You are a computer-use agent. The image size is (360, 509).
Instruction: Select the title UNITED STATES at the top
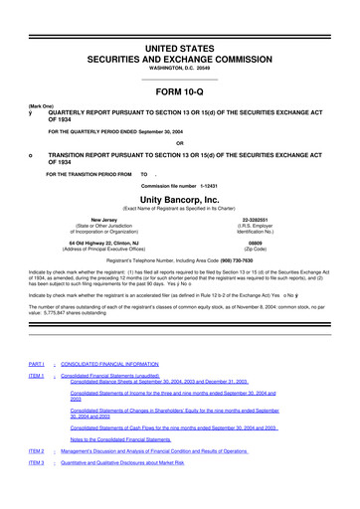coord(180,20)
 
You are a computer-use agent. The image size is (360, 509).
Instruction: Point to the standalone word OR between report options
coord(180,140)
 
